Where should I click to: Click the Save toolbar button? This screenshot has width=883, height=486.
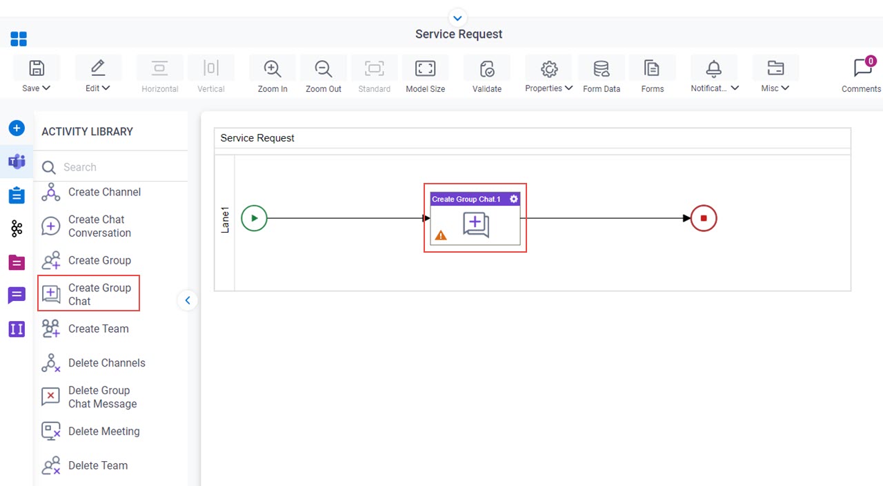[x=37, y=75]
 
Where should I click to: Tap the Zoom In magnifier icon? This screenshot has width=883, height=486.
[x=272, y=68]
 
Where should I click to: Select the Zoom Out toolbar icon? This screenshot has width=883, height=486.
[x=324, y=68]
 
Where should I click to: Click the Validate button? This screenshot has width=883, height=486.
[x=487, y=75]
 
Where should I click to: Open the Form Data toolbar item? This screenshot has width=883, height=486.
[x=601, y=75]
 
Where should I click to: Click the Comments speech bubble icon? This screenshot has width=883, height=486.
[x=862, y=68]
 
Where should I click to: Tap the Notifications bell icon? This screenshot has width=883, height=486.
[x=713, y=68]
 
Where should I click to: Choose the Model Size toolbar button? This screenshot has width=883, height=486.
[x=426, y=75]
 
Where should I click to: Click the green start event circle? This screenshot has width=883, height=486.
[x=255, y=218]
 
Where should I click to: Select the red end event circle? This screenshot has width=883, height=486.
[x=704, y=218]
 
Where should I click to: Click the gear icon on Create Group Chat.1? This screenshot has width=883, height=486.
[x=514, y=199]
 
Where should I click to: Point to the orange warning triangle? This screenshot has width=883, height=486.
[x=441, y=235]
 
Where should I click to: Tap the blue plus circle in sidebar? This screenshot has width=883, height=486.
[x=17, y=128]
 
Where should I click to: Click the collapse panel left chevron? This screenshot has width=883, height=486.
[x=188, y=300]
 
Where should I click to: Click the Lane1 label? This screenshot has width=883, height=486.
[x=225, y=220]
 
